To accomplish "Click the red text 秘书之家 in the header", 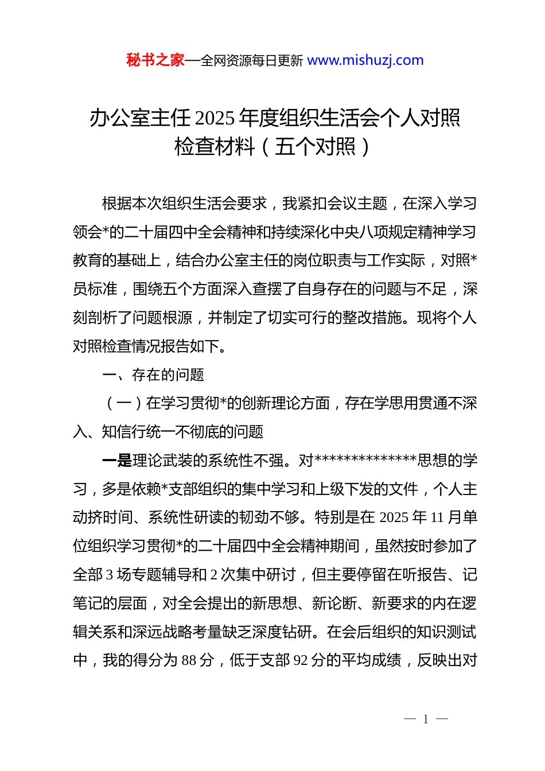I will click(155, 60).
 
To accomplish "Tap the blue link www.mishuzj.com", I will click(365, 60).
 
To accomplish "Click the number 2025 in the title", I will click(215, 118).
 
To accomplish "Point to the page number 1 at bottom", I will click(426, 719).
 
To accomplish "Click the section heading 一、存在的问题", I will click(153, 375).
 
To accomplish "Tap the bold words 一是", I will click(116, 461).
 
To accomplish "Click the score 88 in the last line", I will click(189, 661).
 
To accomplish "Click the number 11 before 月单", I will click(437, 518).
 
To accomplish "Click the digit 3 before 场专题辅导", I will click(110, 575).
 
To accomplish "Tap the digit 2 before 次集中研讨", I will click(214, 575).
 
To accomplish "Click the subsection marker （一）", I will click(124, 404).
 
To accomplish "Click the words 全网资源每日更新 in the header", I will click(252, 61).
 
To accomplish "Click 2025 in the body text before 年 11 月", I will click(394, 518).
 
